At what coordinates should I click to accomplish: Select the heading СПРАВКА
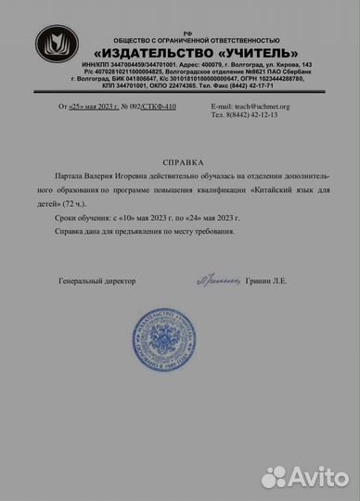tap(182, 159)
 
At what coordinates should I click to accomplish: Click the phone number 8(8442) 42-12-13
tap(244, 115)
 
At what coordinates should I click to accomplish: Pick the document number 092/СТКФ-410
tap(149, 107)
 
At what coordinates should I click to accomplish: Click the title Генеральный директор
tap(96, 279)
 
